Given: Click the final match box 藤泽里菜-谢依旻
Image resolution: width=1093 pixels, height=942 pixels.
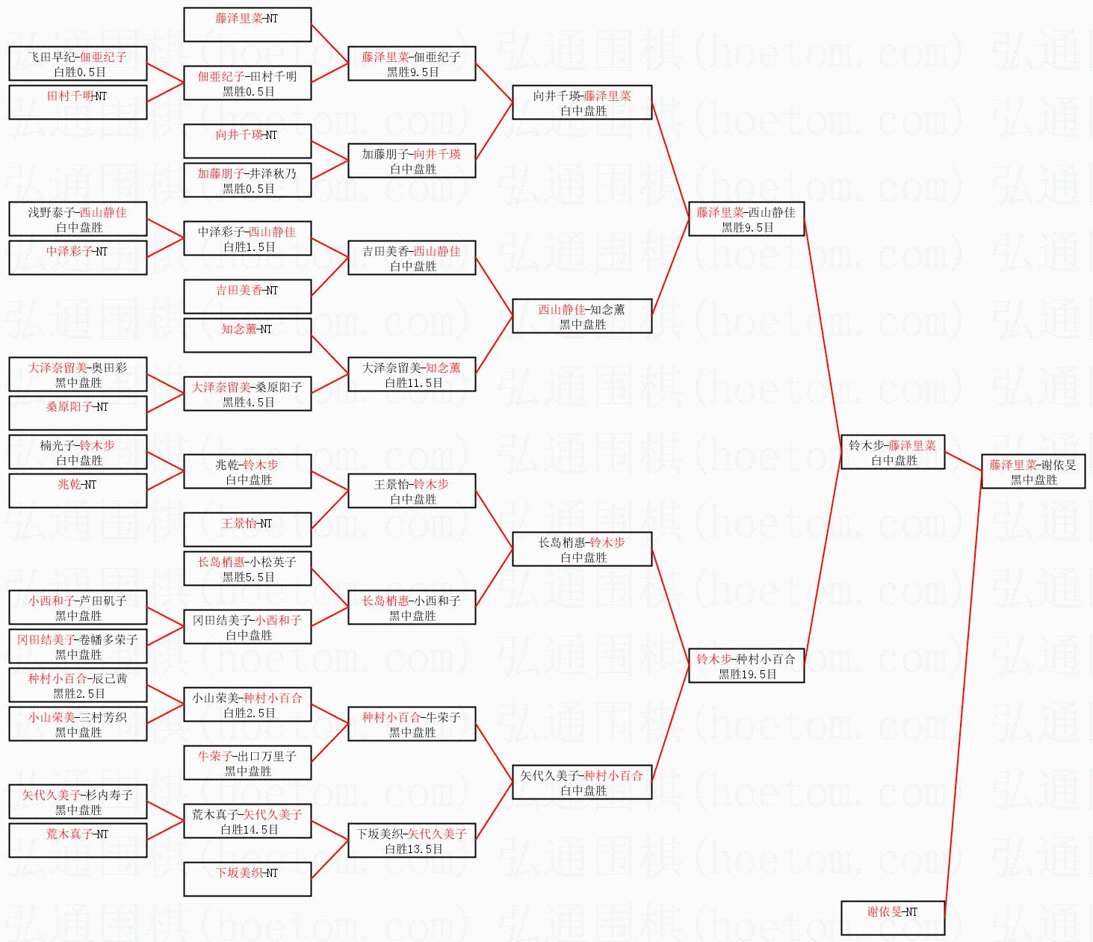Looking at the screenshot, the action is pos(1033,472).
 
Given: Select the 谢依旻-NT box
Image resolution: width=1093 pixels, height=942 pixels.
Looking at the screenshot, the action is pos(893,917).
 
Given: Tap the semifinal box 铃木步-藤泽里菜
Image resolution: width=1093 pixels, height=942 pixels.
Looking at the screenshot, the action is pos(893,453).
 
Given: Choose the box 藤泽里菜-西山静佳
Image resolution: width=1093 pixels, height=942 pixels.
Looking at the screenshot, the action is pos(746,220).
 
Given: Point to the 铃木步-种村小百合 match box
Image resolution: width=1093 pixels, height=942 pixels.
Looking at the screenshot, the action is pos(746,666).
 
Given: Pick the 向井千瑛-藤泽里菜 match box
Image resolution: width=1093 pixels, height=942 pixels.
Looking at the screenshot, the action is pos(582,103).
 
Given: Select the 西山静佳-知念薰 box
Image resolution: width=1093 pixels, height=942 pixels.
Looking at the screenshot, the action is pos(582,317).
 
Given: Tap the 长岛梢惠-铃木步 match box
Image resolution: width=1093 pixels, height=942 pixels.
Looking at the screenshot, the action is pos(582,550).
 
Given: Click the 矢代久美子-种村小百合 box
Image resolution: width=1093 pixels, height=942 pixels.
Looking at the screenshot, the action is pos(582,783).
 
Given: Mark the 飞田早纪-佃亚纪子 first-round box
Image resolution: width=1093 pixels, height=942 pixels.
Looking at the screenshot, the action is pos(78,64).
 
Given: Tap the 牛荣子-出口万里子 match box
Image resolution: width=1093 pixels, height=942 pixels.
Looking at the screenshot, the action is pos(247,763).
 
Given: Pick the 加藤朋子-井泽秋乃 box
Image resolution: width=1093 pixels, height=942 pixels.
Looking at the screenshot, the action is pos(247,181).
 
